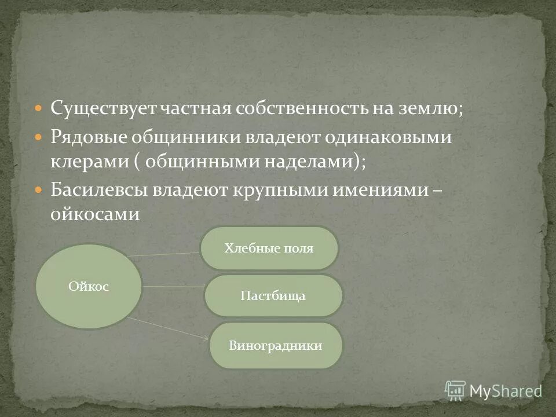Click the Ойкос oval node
point(89,286)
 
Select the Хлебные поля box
point(269,248)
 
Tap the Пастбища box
point(273,296)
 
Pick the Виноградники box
point(275,346)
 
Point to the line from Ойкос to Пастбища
point(173,287)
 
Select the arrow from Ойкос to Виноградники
point(168,328)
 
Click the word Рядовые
point(87,138)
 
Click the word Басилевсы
point(98,190)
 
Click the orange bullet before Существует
point(39,108)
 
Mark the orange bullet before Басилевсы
point(39,191)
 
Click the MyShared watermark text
point(505,391)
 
